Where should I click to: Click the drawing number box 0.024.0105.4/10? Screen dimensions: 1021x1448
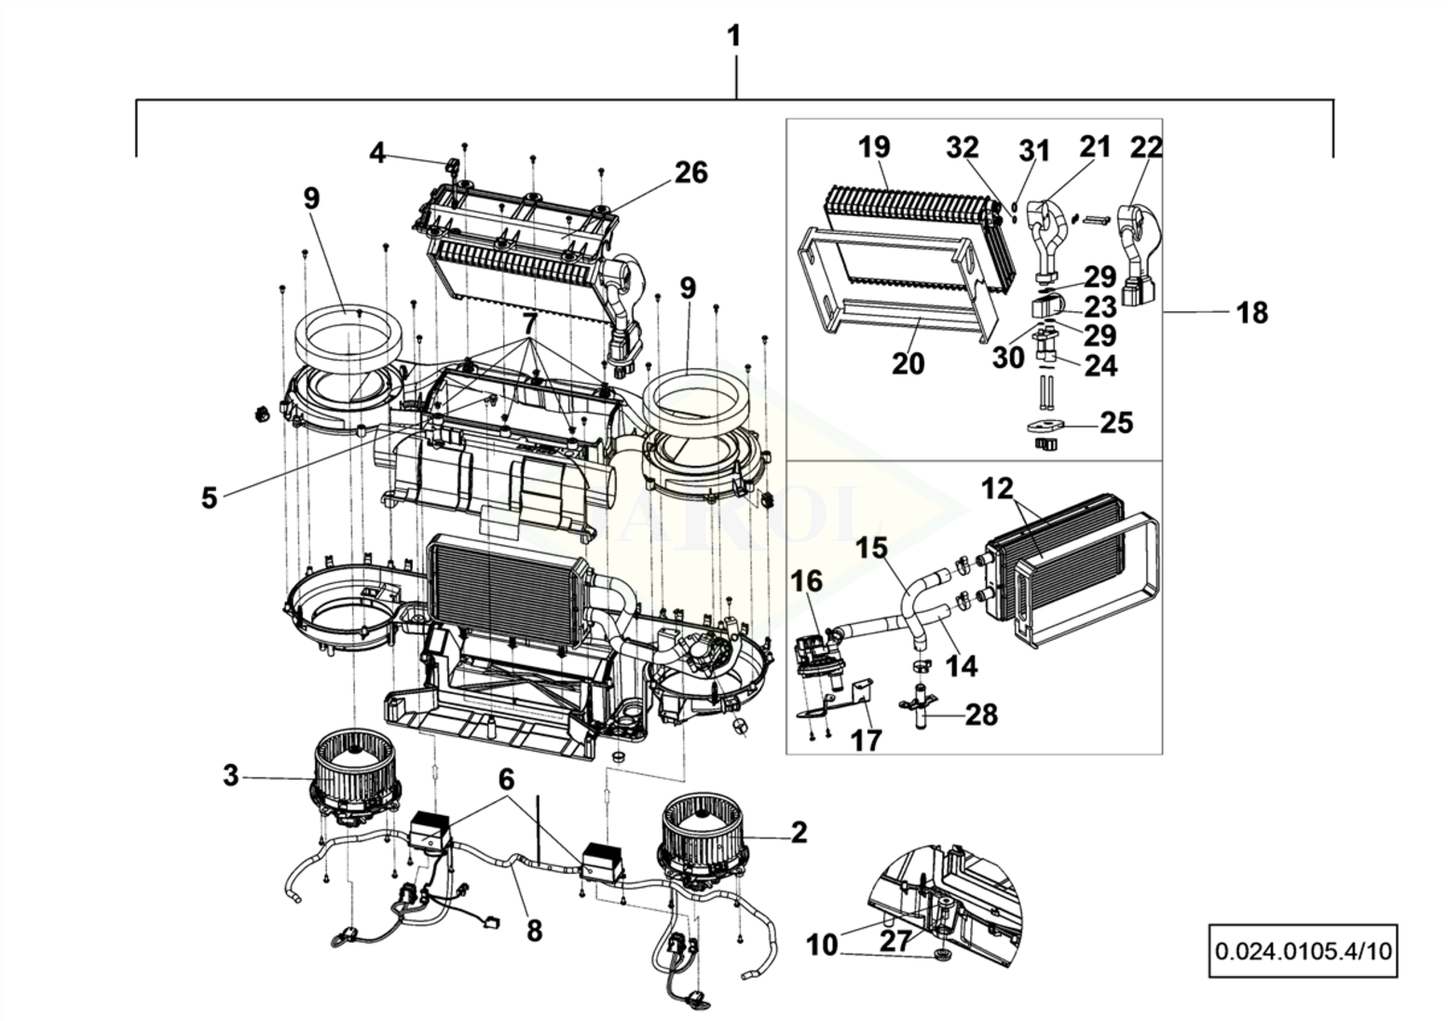tap(1302, 950)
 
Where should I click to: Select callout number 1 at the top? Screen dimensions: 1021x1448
tap(734, 36)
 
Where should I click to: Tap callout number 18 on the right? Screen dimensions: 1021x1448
tap(1252, 313)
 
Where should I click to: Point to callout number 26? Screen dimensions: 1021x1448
tap(691, 172)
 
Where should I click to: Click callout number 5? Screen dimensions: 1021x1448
tap(209, 497)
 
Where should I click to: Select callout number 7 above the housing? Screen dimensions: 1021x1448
tap(529, 324)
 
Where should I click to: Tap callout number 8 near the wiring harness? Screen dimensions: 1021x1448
tap(534, 930)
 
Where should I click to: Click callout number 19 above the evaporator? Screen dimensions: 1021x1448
tap(874, 147)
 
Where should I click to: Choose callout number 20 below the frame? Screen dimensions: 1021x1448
tap(908, 363)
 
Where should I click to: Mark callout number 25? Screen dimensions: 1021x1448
tap(1116, 423)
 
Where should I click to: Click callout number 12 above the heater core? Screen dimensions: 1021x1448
tap(996, 488)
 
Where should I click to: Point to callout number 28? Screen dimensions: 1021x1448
tap(981, 715)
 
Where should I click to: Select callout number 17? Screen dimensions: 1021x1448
tap(867, 740)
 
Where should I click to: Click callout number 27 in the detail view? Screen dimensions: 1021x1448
tap(895, 940)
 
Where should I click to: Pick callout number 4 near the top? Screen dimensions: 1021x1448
tap(376, 152)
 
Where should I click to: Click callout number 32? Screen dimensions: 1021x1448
tap(963, 147)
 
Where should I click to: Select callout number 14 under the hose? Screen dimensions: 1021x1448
tap(963, 665)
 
